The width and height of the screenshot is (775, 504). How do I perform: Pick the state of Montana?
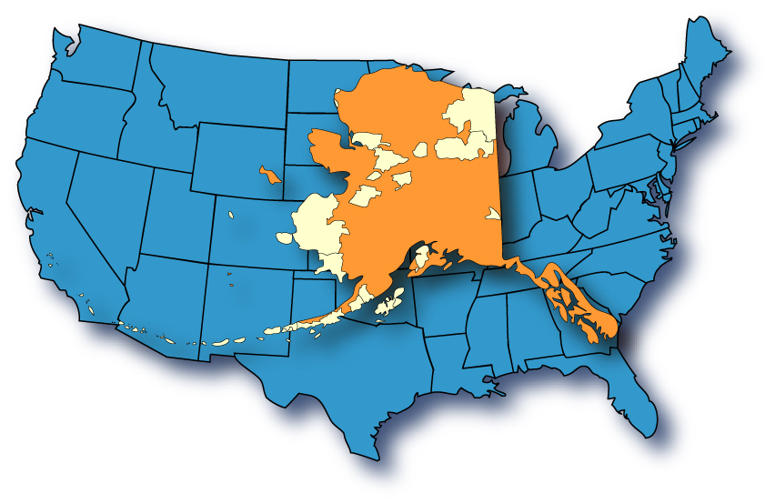[218, 82]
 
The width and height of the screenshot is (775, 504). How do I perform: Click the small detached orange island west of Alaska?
[268, 173]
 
